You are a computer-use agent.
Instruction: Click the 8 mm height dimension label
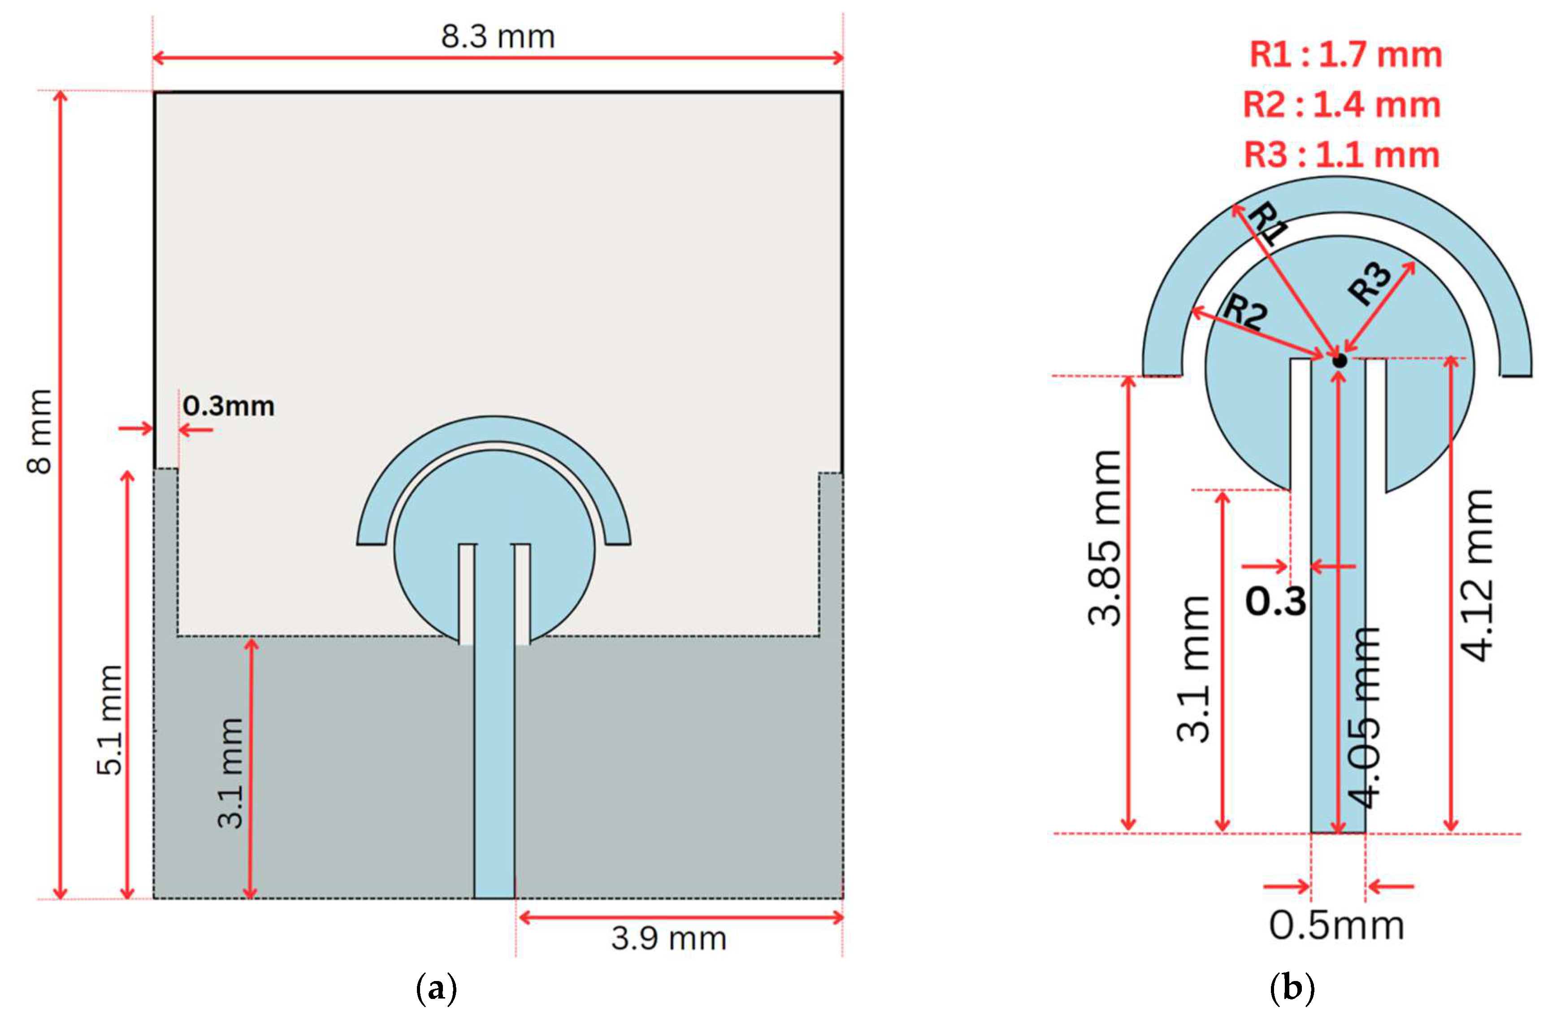40,430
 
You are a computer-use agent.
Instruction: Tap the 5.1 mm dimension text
109,720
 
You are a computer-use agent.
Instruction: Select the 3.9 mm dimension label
668,939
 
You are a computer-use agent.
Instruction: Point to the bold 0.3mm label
228,406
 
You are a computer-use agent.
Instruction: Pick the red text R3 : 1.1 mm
1341,155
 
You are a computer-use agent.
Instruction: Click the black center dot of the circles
1340,360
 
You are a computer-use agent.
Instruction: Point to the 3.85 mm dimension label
1105,538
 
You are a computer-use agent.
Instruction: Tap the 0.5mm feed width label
1336,926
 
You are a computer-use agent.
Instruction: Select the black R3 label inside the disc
1370,284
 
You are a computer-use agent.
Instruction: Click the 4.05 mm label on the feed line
1364,717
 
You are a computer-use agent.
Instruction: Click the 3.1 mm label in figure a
230,773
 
